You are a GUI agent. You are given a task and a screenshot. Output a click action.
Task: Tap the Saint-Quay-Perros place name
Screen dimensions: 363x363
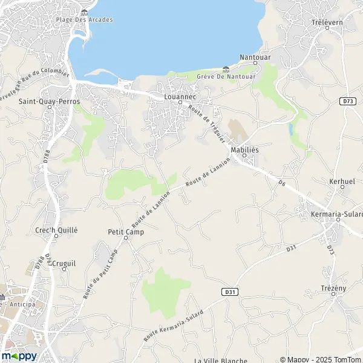pyautogui.click(x=45, y=102)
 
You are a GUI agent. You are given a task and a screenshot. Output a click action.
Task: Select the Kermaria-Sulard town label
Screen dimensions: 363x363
pyautogui.click(x=336, y=214)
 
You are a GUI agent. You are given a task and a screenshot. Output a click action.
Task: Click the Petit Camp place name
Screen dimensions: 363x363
pyautogui.click(x=123, y=231)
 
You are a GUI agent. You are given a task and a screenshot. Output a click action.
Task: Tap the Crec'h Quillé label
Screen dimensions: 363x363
pyautogui.click(x=56, y=229)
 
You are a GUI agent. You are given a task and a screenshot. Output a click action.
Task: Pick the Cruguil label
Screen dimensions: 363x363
pyautogui.click(x=63, y=264)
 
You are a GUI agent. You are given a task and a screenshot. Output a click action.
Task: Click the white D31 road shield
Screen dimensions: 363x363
pyautogui.click(x=229, y=292)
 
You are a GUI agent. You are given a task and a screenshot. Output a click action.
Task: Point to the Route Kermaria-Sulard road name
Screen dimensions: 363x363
pyautogui.click(x=174, y=325)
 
